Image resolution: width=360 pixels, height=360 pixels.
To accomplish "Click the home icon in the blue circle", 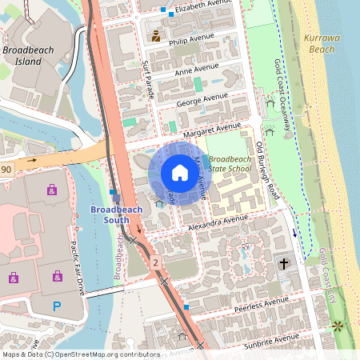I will [180, 173].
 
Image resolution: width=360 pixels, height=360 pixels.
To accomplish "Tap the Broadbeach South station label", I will [117, 214].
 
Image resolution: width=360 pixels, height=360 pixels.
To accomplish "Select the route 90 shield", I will [6, 169].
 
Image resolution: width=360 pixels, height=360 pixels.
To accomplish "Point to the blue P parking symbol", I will [56, 306].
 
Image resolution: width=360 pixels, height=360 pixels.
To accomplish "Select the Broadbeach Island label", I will [28, 55].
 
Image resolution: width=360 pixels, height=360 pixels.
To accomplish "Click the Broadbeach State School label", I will [230, 164].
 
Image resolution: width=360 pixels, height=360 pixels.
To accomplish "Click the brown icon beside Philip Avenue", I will [155, 36].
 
